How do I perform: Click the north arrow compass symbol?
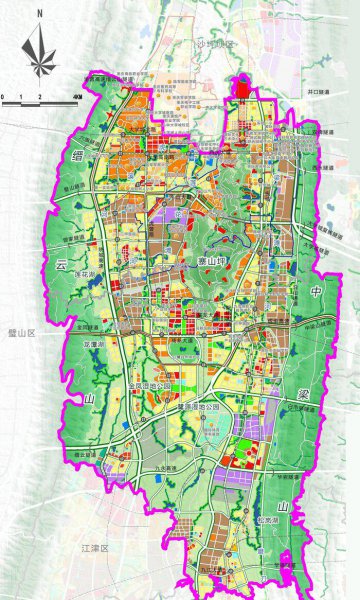pos(38,48)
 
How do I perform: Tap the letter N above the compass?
pos(38,14)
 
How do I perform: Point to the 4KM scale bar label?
pos(76,95)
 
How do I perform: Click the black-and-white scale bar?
pos(40,101)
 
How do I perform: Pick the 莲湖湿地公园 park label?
pos(212,407)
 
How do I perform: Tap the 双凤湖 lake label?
pos(92,343)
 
